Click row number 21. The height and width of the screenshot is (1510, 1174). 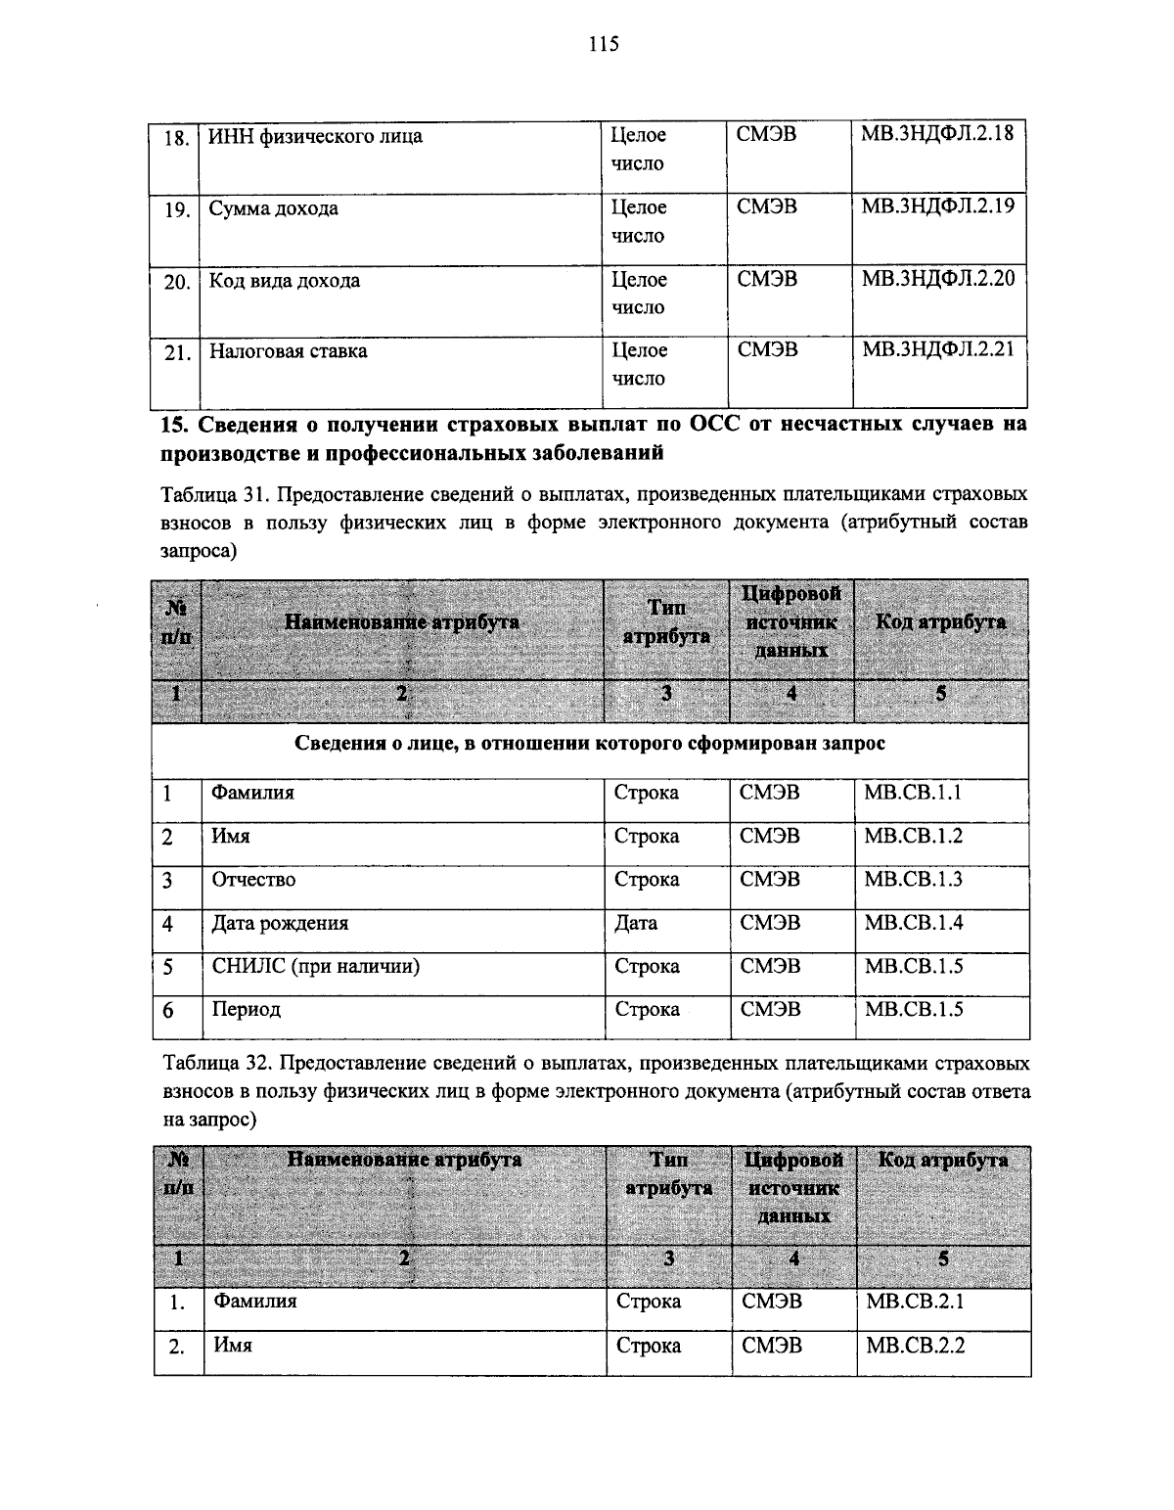click(176, 353)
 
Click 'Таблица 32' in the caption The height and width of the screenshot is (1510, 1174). click(210, 1062)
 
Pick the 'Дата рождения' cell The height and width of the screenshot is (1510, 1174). click(280, 923)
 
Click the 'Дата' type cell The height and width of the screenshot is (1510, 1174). click(635, 923)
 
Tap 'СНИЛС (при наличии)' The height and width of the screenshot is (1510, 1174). click(316, 967)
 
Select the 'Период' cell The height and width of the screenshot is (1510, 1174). click(247, 1010)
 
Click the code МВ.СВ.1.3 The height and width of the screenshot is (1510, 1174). click(913, 880)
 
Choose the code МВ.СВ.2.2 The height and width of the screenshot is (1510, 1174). click(916, 1346)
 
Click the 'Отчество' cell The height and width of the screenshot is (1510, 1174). click(253, 880)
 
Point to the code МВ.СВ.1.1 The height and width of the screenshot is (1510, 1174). click(912, 793)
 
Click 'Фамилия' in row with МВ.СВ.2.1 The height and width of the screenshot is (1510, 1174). click(255, 1302)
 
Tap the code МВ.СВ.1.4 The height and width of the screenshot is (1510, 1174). click(913, 923)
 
